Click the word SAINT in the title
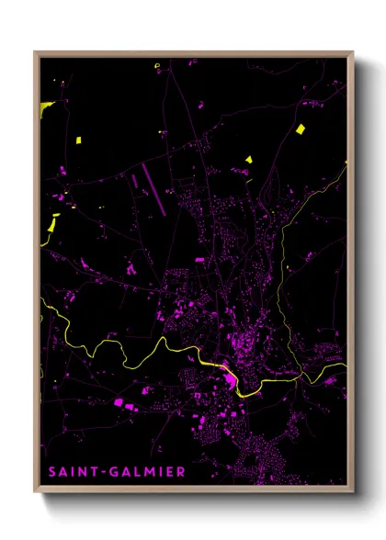pos(71,472)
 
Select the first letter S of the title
pos(49,472)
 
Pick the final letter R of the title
pos(181,472)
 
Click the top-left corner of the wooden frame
pos(35,52)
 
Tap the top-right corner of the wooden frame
pos(353,52)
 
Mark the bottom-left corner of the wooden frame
pos(35,489)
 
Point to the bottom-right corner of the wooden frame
pos(353,489)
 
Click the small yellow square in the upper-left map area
pos(79,140)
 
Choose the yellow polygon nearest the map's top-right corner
pos(299,128)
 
